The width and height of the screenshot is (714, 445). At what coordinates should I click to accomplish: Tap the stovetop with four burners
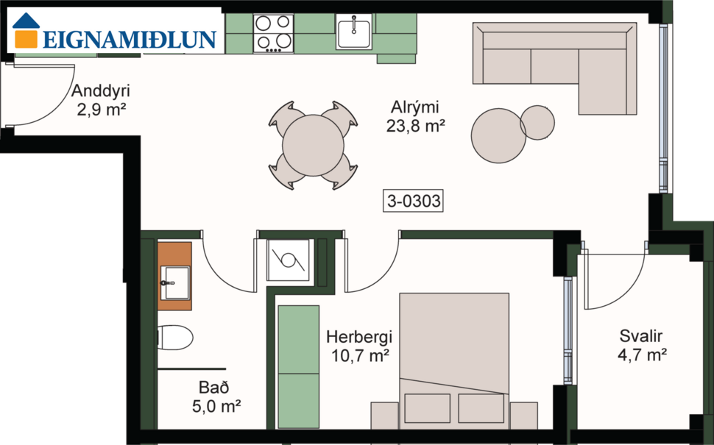(272, 33)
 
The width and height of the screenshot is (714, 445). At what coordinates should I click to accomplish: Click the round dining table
(314, 145)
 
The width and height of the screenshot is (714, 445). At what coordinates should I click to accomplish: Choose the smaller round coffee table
(537, 122)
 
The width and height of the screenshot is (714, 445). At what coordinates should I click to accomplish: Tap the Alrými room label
(416, 107)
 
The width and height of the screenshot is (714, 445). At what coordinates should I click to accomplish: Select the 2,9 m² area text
(102, 110)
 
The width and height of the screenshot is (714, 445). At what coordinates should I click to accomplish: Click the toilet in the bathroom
(174, 338)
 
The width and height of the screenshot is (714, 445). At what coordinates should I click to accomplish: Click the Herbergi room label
(359, 338)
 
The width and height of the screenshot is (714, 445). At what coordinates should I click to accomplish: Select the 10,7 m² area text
(359, 356)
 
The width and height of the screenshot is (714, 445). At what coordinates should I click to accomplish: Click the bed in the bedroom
(453, 360)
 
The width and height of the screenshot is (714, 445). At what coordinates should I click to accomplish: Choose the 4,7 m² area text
(642, 356)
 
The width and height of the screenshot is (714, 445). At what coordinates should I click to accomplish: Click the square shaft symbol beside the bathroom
(287, 260)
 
